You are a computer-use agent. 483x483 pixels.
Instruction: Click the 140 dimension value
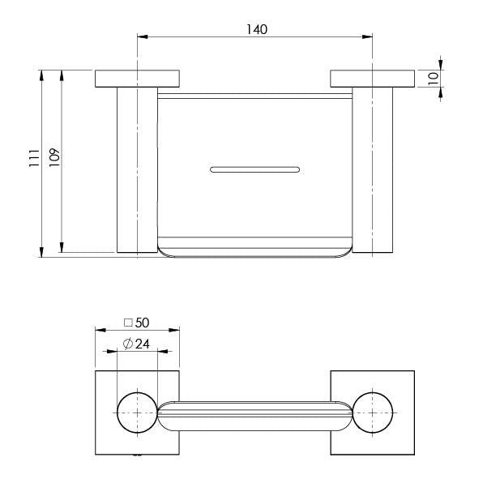255,28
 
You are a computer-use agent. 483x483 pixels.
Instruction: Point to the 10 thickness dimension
434,79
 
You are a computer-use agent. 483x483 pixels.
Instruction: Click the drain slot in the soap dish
255,169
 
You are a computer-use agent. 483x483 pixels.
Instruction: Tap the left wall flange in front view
138,79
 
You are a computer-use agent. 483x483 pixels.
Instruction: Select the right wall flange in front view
372,79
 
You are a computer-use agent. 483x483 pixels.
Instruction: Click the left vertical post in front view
137,170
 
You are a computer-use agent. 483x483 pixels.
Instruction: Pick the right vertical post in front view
373,170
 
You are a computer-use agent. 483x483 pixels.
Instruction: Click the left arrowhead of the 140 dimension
141,36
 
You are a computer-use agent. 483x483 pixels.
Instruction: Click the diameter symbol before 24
128,344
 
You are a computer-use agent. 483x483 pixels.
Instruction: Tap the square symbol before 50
128,322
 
